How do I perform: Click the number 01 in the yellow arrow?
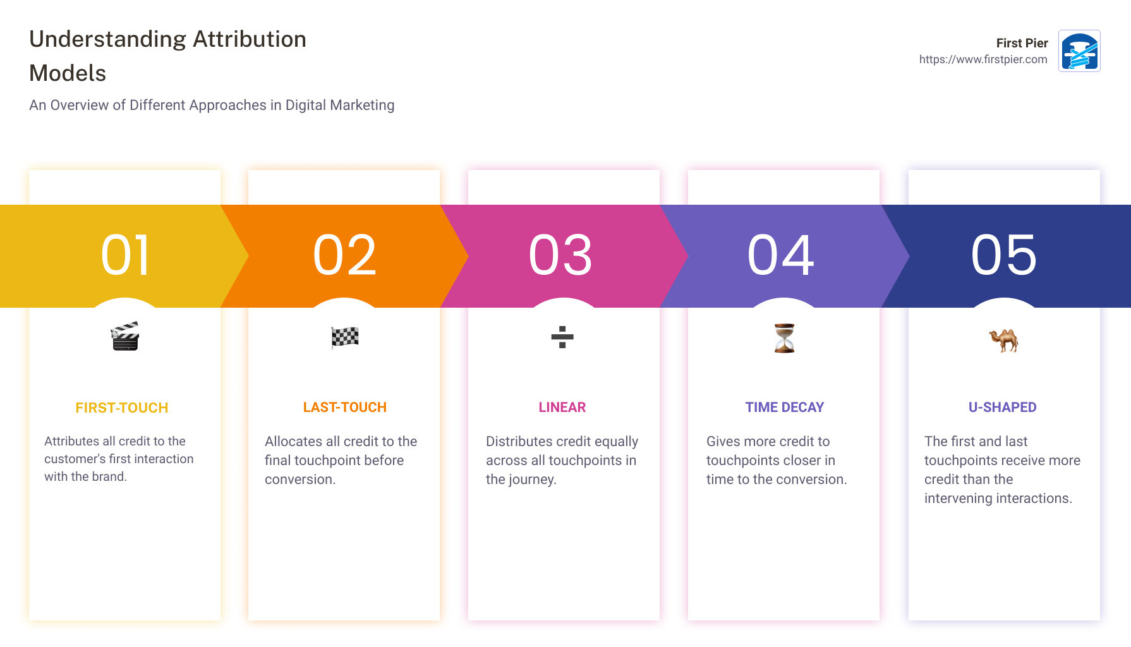(x=125, y=255)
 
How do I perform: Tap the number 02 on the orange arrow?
(x=345, y=255)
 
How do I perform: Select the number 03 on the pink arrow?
(x=561, y=255)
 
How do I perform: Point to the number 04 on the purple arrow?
(x=781, y=255)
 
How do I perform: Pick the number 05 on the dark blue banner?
(x=1004, y=255)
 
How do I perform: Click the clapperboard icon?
(x=125, y=337)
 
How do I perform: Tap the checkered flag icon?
(x=345, y=337)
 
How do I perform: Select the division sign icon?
(x=562, y=337)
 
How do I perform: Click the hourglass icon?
(x=784, y=338)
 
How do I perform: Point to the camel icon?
(x=1003, y=339)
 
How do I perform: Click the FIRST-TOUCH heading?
(x=122, y=408)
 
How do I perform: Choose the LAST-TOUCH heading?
(x=345, y=408)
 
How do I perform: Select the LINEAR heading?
(x=562, y=408)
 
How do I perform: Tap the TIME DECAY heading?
(x=785, y=408)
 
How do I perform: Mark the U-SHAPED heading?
(x=1003, y=408)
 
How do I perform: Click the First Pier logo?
(x=1079, y=51)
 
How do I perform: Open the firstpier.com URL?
(x=983, y=59)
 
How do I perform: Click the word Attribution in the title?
(x=250, y=39)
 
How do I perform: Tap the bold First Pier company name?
(x=1022, y=43)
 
